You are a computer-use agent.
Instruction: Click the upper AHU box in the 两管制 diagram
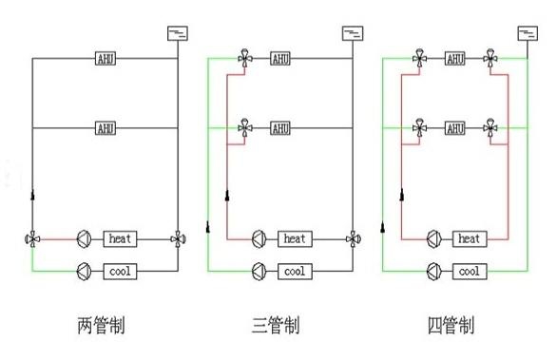tap(106, 59)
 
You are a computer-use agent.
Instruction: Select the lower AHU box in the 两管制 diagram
tap(106, 128)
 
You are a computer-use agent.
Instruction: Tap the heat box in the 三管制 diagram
tap(295, 239)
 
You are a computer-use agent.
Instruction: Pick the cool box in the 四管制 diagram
tap(470, 272)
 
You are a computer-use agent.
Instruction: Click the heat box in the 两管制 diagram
tap(120, 239)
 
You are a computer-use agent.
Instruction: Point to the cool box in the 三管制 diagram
tap(295, 272)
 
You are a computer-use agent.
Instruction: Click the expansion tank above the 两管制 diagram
tap(178, 33)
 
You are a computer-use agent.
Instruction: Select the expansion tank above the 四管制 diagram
tap(528, 33)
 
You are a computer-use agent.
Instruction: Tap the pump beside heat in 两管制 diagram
tap(85, 239)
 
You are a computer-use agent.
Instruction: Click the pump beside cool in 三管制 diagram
tap(259, 272)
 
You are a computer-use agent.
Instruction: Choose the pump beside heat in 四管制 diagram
tap(433, 239)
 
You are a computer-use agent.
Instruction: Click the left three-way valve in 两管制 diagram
tap(32, 239)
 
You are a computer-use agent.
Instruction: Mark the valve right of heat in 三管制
tap(354, 239)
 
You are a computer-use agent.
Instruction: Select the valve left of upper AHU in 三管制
tap(244, 58)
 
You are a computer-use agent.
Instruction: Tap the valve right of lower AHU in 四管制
tap(490, 128)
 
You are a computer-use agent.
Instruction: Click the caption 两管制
tap(102, 325)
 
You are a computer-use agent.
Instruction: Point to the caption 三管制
tap(276, 325)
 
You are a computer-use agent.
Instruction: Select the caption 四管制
tap(451, 325)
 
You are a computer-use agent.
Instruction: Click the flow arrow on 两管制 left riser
tap(32, 195)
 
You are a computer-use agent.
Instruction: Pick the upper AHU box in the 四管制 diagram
tap(455, 59)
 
